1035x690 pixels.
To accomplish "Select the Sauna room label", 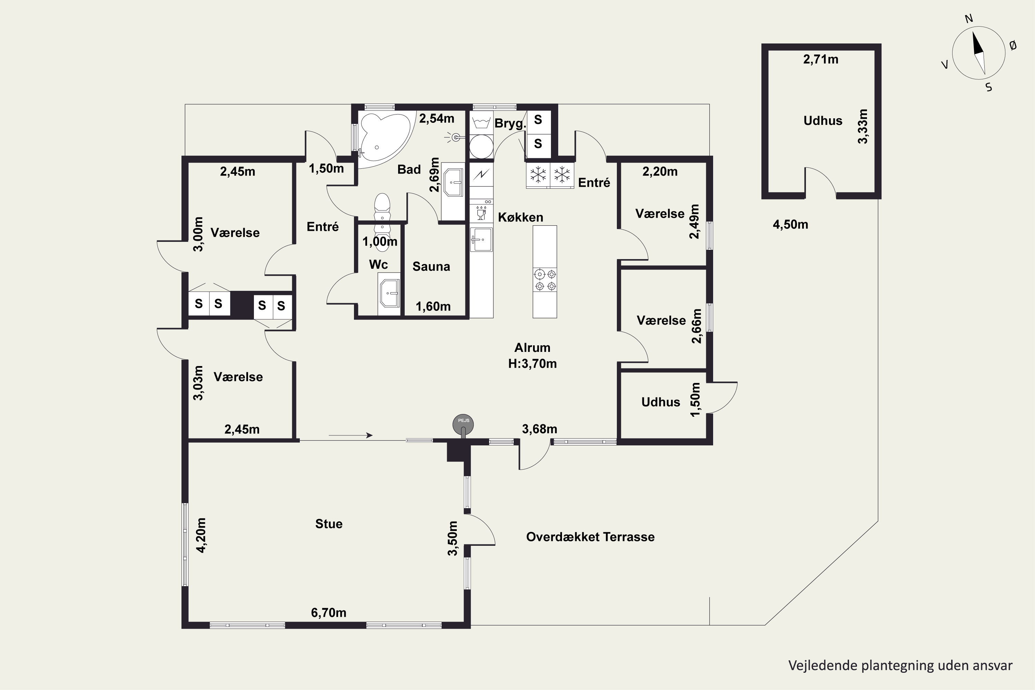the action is (431, 266).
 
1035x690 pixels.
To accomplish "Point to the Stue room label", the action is (329, 524).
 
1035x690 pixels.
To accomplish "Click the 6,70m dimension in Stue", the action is (329, 613).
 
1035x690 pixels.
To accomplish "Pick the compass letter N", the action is (968, 19).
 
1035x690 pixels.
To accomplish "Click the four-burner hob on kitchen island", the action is (545, 280).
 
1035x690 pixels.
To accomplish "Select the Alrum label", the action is (532, 348).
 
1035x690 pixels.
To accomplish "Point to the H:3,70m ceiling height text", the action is (532, 364).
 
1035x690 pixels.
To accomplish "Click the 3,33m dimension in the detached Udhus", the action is (863, 126).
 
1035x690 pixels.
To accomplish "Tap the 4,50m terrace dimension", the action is (790, 225).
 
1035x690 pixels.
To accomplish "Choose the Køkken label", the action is (521, 217).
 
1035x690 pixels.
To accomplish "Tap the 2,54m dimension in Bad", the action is (436, 118).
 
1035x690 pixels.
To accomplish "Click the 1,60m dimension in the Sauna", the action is (433, 306).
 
